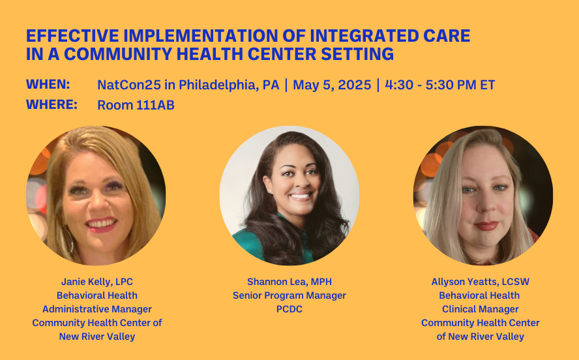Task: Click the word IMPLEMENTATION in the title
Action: tap(201, 36)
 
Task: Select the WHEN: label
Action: tap(48, 84)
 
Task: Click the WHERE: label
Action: tap(52, 104)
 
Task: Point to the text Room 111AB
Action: tap(136, 105)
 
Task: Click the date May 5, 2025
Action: tap(332, 85)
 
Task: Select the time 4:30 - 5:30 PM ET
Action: tap(439, 85)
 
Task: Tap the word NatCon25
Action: tap(129, 85)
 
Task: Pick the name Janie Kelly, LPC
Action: tap(97, 282)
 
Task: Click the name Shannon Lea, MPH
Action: tap(289, 282)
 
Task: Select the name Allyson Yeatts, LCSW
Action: tap(481, 282)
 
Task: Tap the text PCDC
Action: tap(289, 309)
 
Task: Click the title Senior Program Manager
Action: tap(289, 295)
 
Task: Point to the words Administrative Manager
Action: tap(97, 309)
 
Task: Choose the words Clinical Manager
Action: tap(481, 309)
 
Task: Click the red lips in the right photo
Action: tap(486, 226)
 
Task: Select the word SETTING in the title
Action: tap(357, 54)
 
